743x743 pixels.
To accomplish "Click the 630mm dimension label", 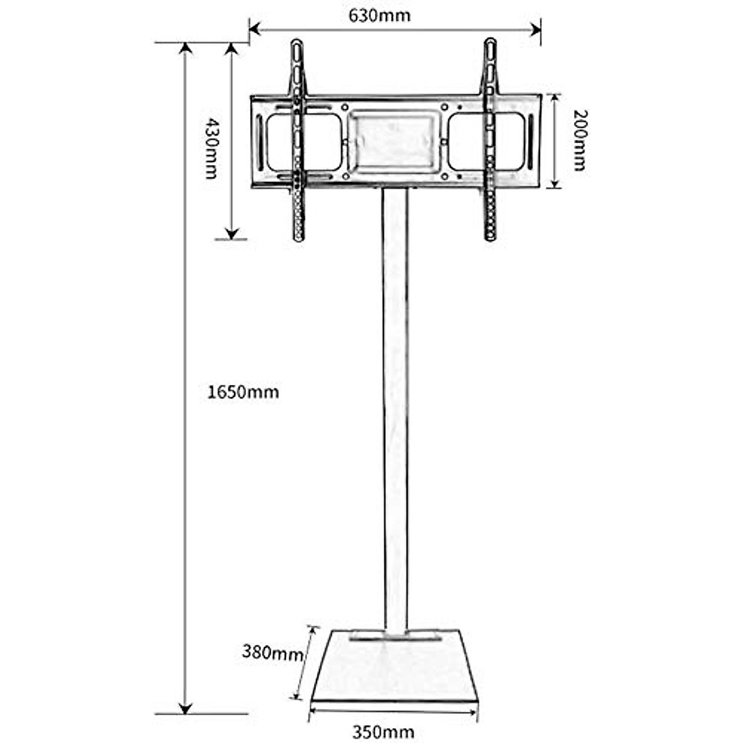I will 379,14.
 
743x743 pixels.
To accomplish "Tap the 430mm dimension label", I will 211,148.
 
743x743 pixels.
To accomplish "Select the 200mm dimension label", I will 579,140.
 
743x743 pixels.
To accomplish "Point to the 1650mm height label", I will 243,392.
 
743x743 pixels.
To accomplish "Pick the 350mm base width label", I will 383,732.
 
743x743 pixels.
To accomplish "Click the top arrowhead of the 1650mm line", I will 185,48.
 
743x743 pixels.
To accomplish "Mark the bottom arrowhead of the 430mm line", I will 232,233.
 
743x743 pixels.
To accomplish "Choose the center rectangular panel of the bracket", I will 394,141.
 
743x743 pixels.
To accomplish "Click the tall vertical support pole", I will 395,409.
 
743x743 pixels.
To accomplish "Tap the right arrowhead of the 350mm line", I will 474,711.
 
